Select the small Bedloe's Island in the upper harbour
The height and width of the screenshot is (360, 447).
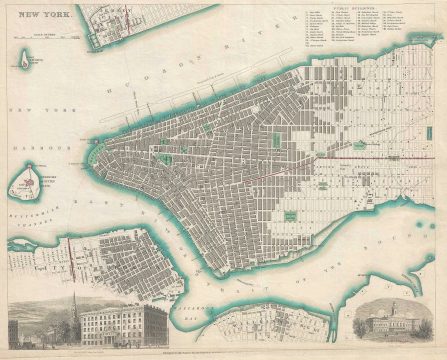[22, 59]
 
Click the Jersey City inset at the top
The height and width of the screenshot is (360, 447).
[120, 20]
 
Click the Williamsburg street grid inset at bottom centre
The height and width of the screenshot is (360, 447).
[265, 322]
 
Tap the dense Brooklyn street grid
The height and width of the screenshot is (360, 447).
[130, 260]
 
